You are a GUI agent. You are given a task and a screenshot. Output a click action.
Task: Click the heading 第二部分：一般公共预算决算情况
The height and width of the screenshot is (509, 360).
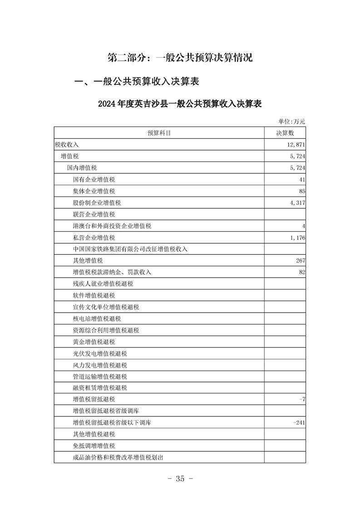pyautogui.click(x=180, y=58)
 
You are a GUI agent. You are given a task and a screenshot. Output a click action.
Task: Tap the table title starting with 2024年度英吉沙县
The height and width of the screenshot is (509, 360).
pyautogui.click(x=180, y=103)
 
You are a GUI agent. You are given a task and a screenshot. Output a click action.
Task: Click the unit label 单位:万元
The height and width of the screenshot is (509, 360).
pyautogui.click(x=292, y=121)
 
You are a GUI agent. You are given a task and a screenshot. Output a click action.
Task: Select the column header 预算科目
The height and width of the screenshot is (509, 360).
pyautogui.click(x=159, y=133)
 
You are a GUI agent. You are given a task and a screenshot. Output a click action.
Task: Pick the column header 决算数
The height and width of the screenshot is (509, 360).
pyautogui.click(x=285, y=133)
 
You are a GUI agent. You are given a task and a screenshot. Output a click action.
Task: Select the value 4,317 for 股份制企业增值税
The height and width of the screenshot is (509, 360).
pyautogui.click(x=296, y=203)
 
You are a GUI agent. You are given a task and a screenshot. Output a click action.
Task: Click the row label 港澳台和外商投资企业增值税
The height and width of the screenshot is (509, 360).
pyautogui.click(x=112, y=226)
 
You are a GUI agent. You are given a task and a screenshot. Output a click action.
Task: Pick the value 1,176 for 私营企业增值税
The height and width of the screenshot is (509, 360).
pyautogui.click(x=296, y=238)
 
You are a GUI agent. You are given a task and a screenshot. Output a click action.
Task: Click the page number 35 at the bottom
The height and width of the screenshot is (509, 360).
pyautogui.click(x=180, y=479)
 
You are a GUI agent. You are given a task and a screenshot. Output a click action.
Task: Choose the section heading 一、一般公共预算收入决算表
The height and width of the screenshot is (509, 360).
pyautogui.click(x=137, y=82)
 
